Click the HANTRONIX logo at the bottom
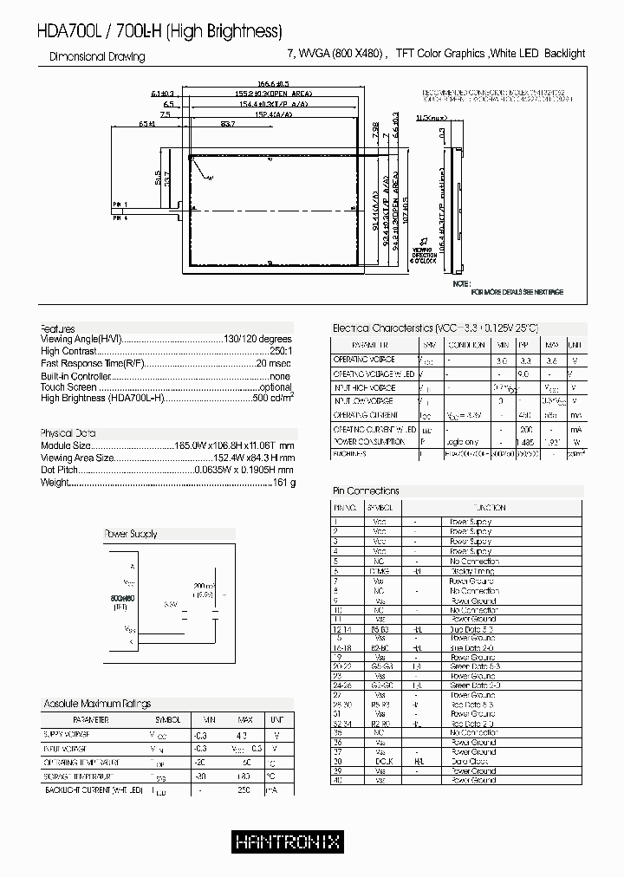(287, 841)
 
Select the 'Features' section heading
(58, 328)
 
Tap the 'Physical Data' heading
(68, 432)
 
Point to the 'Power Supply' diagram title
(131, 535)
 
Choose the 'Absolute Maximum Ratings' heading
(97, 704)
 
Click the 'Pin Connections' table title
(367, 490)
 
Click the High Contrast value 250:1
(281, 351)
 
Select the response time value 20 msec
(275, 363)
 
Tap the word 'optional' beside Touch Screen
(276, 387)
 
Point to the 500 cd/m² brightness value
(273, 399)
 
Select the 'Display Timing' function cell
(471, 572)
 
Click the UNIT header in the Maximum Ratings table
(276, 719)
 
